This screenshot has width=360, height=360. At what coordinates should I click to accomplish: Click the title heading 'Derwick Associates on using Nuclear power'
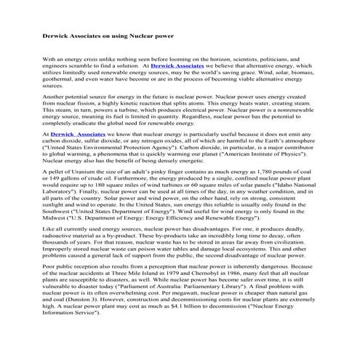click(110, 35)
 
